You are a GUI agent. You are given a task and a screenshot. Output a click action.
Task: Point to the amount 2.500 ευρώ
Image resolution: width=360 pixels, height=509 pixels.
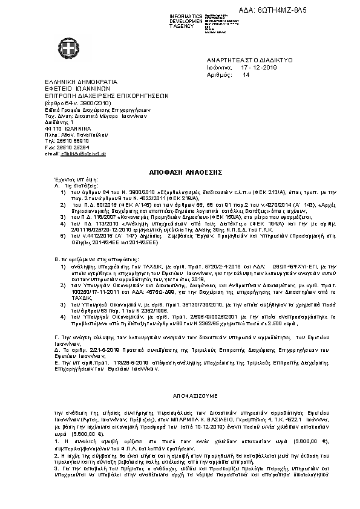pyautogui.click(x=278, y=340)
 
